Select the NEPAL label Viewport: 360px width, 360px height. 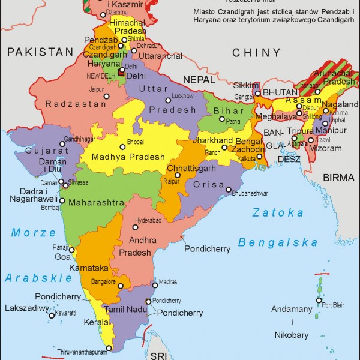[198, 79]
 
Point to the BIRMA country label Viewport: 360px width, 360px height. [339, 178]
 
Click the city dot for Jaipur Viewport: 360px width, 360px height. [107, 95]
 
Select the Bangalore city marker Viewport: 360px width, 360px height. [119, 287]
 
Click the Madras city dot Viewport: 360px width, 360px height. [155, 281]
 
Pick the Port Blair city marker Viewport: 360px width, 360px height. [318, 302]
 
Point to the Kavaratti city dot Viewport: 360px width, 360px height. [52, 315]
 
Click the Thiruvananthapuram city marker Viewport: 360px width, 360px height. [109, 347]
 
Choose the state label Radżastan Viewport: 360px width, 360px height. [68, 104]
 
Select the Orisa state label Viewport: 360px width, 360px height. [209, 185]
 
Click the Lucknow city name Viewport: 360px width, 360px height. [182, 96]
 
